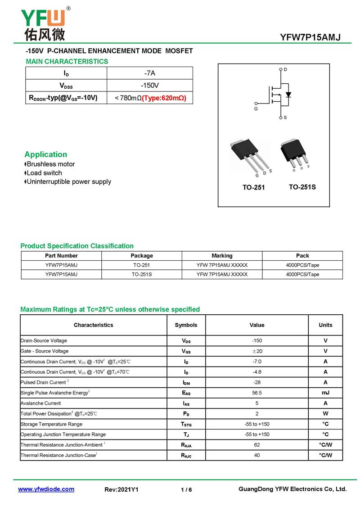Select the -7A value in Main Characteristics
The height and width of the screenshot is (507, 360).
pos(150,73)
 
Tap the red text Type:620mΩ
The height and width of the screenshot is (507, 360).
pos(164,98)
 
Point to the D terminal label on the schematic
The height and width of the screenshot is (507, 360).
pos(285,69)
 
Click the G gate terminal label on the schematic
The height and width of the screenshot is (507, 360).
pos(256,109)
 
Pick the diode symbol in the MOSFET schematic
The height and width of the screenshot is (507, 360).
pos(288,95)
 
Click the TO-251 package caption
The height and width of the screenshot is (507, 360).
pos(254,187)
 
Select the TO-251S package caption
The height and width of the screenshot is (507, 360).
pos(302,187)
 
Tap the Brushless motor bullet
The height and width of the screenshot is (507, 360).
pos(50,164)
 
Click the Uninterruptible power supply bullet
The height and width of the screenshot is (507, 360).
pos(68,181)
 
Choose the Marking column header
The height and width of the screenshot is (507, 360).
pos(222,255)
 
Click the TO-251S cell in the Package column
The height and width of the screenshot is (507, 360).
pos(142,274)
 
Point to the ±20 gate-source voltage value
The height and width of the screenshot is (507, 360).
pos(256,351)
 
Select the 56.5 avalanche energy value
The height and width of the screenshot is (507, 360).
pos(256,393)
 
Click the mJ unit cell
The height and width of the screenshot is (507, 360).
pos(325,393)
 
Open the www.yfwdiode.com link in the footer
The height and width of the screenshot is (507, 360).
pos(46,489)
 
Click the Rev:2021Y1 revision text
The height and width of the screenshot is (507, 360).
pos(121,489)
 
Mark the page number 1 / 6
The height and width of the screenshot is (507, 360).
pos(186,489)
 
